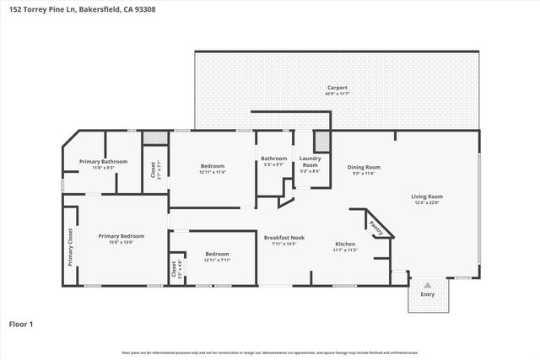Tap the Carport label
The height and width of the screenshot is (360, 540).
(x=337, y=87)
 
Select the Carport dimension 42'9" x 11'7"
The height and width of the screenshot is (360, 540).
(x=337, y=93)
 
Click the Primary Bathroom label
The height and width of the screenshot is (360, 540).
(x=103, y=161)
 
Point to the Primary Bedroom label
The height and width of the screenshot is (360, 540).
(x=121, y=236)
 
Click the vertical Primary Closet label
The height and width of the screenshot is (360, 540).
(x=71, y=247)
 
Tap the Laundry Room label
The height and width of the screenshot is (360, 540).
(x=310, y=161)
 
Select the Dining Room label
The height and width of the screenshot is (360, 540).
(x=364, y=166)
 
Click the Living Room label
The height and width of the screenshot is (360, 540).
(x=429, y=196)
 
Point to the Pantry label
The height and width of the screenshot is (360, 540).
(x=377, y=228)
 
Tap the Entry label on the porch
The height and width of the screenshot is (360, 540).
(x=428, y=294)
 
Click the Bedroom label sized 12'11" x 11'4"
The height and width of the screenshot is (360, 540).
(x=213, y=166)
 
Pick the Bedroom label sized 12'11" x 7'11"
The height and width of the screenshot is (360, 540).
(x=218, y=253)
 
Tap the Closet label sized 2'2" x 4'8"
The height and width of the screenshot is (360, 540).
(x=175, y=269)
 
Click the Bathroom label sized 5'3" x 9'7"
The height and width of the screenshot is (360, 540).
(x=273, y=158)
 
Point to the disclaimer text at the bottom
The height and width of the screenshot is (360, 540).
(x=270, y=352)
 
